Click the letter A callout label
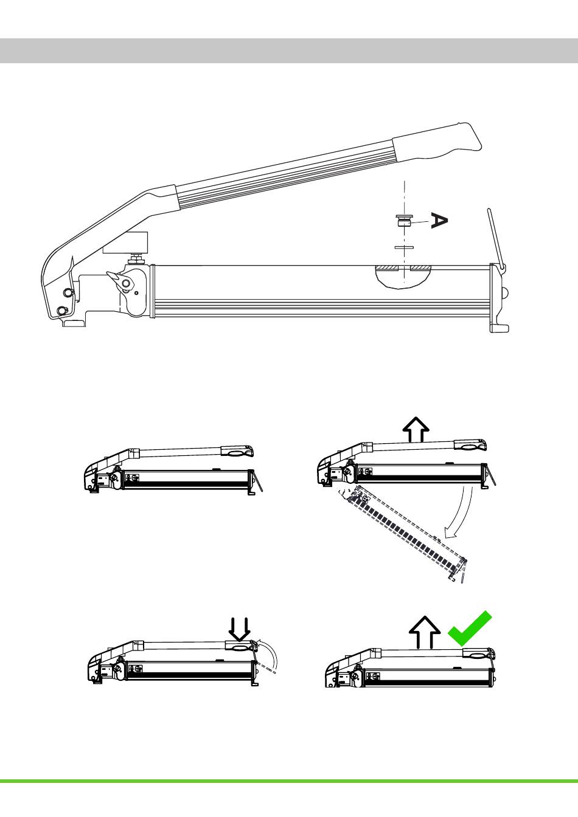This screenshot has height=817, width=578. tap(439, 221)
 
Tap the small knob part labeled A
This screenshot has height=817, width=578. tap(404, 221)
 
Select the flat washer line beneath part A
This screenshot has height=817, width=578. tap(404, 247)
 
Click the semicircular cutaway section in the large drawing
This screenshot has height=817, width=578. tap(404, 277)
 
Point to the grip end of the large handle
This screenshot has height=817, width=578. tap(438, 142)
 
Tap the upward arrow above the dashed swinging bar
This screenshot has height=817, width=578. tap(416, 429)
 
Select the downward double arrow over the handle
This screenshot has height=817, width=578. tap(239, 629)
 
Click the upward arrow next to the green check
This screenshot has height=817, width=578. tap(424, 632)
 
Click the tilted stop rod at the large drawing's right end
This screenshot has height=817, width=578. tap(496, 239)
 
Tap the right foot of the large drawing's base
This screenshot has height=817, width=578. tap(499, 328)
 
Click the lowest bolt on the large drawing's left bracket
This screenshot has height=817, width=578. tap(62, 311)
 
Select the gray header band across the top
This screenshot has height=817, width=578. tap(289, 50)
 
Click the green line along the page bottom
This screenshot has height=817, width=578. tap(289, 781)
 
